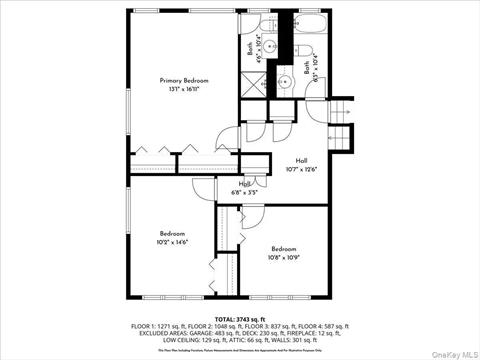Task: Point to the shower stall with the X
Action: tap(253, 86)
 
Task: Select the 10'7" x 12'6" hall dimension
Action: tap(301, 169)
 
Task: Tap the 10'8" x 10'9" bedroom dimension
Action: tap(283, 257)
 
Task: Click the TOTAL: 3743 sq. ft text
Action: tap(240, 317)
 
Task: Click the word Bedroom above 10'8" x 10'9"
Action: tap(283, 248)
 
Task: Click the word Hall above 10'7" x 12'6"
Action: tap(301, 160)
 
